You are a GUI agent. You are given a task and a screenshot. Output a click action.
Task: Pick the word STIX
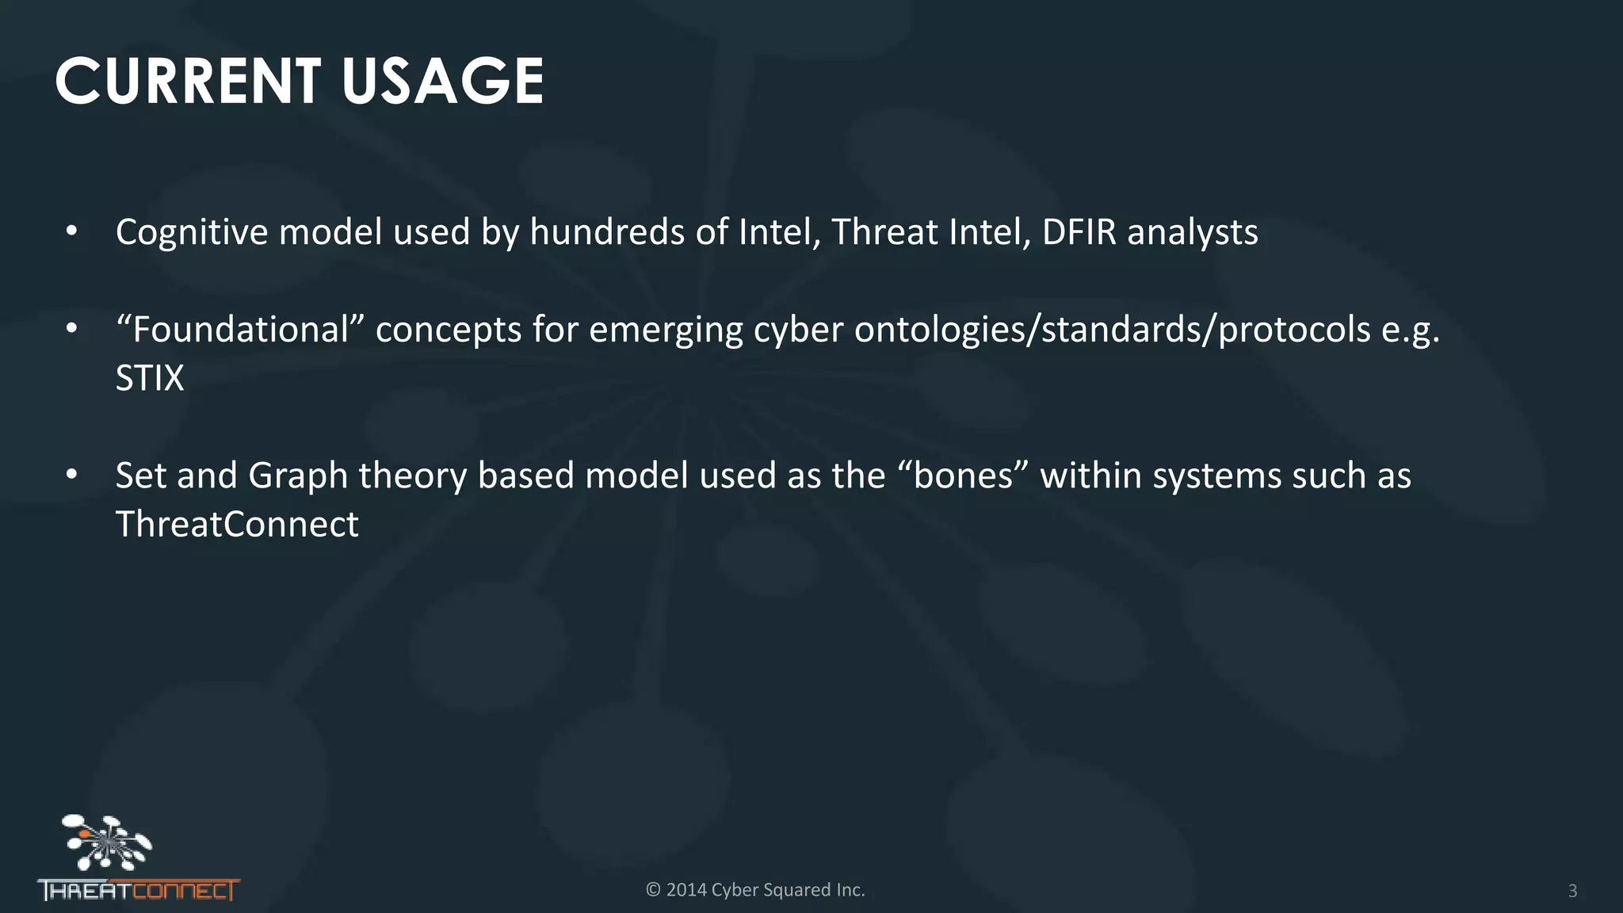(150, 378)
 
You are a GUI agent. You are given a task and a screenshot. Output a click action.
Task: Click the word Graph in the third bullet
(298, 476)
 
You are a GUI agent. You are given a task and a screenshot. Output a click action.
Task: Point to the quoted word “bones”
(964, 476)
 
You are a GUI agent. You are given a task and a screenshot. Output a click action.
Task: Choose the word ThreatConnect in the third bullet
(237, 525)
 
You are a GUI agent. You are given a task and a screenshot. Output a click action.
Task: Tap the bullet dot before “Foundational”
(72, 329)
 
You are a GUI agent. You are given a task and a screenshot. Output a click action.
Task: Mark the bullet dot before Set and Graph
(72, 475)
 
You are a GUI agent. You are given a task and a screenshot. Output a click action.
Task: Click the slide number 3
(1572, 891)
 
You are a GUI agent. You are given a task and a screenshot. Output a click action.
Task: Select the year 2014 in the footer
(685, 890)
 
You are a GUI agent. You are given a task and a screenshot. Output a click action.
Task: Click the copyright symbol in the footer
(653, 890)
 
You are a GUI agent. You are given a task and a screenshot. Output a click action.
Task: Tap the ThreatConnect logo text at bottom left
(139, 891)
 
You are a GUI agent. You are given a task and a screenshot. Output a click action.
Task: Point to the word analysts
(1193, 232)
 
